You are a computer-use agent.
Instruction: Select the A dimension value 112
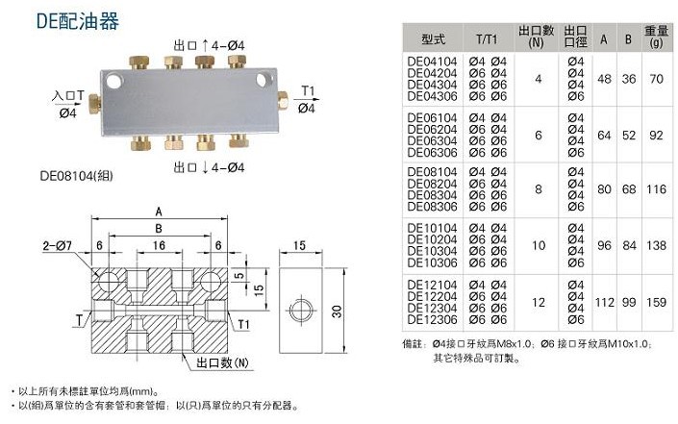coord(605,303)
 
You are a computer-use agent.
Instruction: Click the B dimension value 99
coord(630,303)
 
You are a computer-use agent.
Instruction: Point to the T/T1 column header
coord(487,39)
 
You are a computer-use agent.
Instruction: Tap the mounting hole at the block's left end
coord(113,81)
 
